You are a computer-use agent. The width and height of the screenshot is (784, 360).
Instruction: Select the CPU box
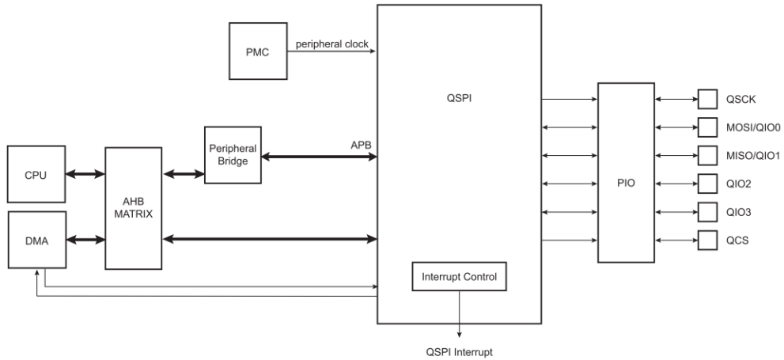pos(35,173)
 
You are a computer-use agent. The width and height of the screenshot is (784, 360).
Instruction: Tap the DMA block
pos(35,239)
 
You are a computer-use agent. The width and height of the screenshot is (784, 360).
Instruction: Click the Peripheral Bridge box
pos(232,155)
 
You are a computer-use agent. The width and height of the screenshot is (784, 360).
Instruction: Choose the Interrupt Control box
pos(459,277)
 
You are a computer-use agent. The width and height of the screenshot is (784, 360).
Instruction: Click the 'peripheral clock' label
pos(331,44)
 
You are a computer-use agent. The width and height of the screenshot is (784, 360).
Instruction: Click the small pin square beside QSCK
pos(706,99)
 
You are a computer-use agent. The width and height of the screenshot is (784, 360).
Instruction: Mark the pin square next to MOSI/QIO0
pos(706,127)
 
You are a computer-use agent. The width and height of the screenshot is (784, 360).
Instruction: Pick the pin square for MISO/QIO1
pos(706,155)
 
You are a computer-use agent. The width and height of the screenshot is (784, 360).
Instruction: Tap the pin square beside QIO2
pos(706,184)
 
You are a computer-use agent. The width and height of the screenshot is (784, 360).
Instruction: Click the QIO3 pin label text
pos(739,211)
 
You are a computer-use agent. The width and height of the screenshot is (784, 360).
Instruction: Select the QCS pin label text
pos(737,239)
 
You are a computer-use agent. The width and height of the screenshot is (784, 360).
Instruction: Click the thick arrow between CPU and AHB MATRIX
pos(84,173)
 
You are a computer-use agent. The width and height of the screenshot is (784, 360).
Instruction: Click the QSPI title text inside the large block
pos(459,100)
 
